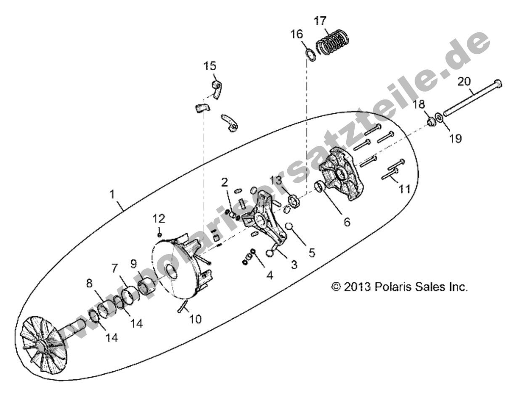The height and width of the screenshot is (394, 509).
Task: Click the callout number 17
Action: [321, 21]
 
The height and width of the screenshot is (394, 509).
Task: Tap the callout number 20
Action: [464, 81]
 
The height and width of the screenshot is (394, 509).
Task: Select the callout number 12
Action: [159, 218]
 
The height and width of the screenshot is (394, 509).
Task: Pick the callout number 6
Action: [347, 221]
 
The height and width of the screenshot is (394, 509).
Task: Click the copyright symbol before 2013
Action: [336, 287]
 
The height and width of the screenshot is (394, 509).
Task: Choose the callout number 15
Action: [210, 66]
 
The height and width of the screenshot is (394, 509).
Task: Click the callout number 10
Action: [195, 319]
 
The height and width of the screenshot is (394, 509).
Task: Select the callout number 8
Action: [89, 284]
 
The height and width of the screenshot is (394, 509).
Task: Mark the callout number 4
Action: [269, 276]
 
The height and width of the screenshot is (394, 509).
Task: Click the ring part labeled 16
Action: [310, 55]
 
